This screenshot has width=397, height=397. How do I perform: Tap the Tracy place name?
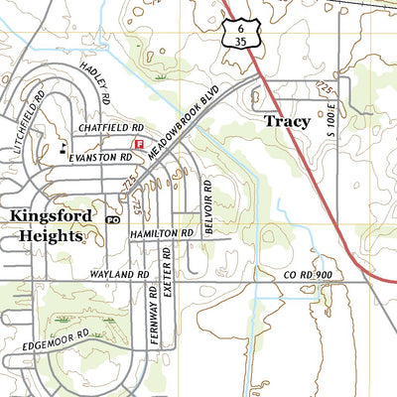coord(287,121)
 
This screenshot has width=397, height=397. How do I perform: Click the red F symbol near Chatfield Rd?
coord(139,144)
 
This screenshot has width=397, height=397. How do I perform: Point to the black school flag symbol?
coord(64,146)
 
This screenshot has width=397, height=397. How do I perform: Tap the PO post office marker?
coord(111,219)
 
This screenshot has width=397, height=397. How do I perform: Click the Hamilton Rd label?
coord(158,232)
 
